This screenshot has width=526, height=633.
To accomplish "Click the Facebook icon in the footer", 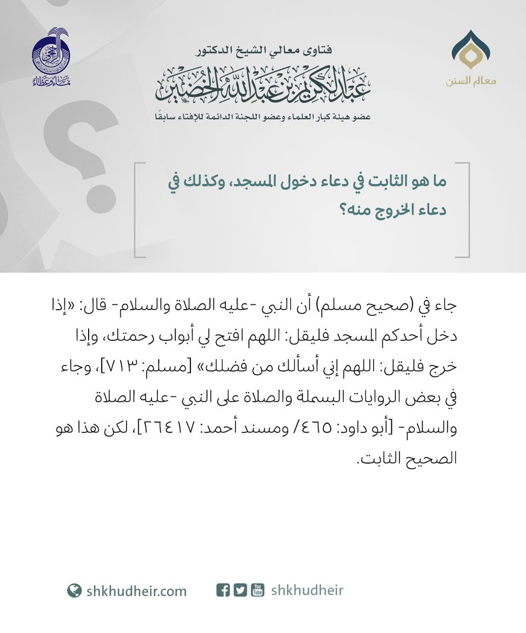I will [223, 590].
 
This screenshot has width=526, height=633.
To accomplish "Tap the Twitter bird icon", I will [240, 590].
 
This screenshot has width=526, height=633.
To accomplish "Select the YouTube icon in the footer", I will [257, 590].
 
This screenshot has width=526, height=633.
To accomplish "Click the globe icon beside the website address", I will [74, 591].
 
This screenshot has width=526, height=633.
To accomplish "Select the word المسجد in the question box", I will [293, 181].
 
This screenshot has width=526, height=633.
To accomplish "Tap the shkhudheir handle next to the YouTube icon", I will [307, 590].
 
